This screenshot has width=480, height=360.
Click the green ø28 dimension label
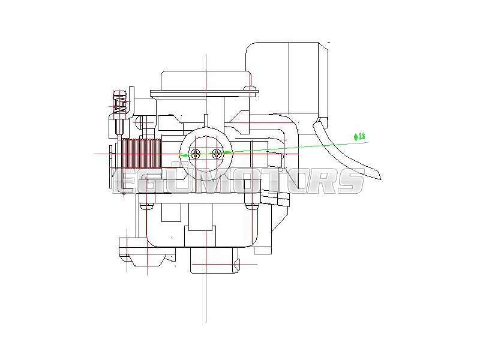pos(359,137)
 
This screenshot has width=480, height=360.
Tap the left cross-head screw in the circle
pos(196,153)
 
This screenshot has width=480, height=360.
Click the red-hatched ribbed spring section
pos(142,154)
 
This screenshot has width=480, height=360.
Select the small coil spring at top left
pos(119,103)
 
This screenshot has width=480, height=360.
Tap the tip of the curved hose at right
pos(380,179)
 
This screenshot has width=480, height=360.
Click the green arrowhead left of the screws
pos(184,155)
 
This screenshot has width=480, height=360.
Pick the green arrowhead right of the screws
pos(228,152)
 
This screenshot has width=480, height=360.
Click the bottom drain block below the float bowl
pos(214,260)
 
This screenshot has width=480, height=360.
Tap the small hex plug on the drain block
pos(236,264)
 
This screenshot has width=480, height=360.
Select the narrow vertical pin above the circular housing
pos(206,120)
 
